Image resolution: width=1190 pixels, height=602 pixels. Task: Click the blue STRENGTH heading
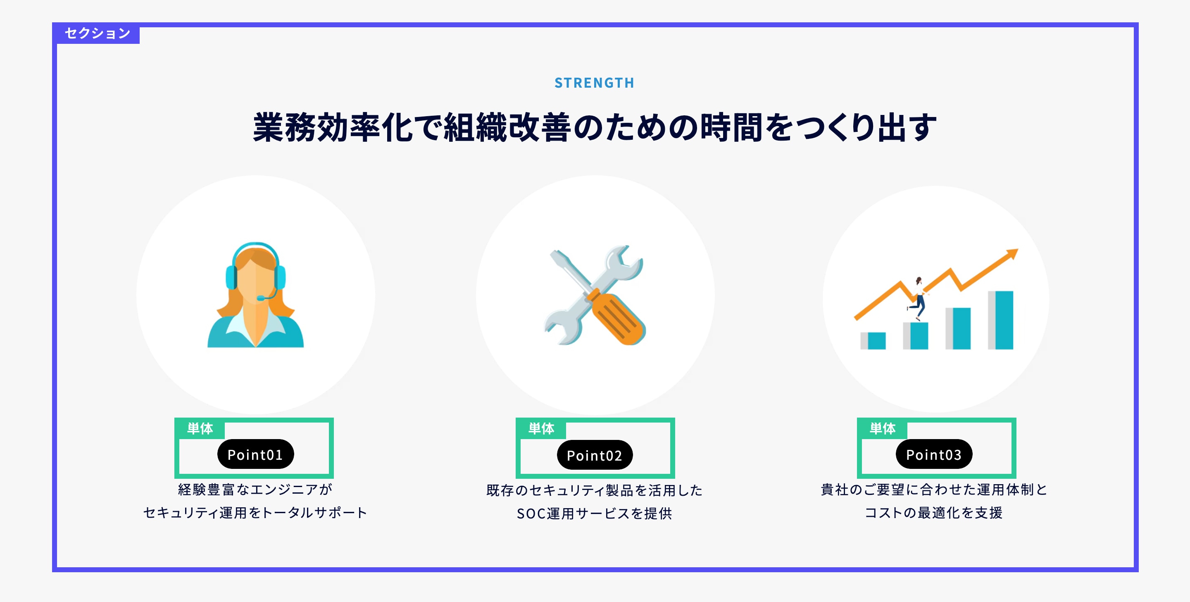pyautogui.click(x=595, y=83)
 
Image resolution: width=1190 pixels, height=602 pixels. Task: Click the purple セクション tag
pyautogui.click(x=98, y=33)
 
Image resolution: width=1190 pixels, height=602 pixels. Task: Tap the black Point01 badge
pyautogui.click(x=255, y=454)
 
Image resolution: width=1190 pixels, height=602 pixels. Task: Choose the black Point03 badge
pyautogui.click(x=934, y=454)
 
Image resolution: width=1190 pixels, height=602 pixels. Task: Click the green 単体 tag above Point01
pyautogui.click(x=200, y=429)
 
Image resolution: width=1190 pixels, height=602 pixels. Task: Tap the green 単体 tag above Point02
pyautogui.click(x=541, y=429)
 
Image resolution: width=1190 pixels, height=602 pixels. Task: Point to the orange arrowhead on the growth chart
pyautogui.click(x=1012, y=254)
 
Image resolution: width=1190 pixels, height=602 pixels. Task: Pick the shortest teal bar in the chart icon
pyautogui.click(x=877, y=341)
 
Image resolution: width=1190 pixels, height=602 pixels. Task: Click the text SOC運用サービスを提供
pyautogui.click(x=595, y=513)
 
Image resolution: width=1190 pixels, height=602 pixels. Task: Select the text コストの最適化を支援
pyautogui.click(x=934, y=512)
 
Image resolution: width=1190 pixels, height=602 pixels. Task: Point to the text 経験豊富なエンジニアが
pyautogui.click(x=255, y=489)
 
